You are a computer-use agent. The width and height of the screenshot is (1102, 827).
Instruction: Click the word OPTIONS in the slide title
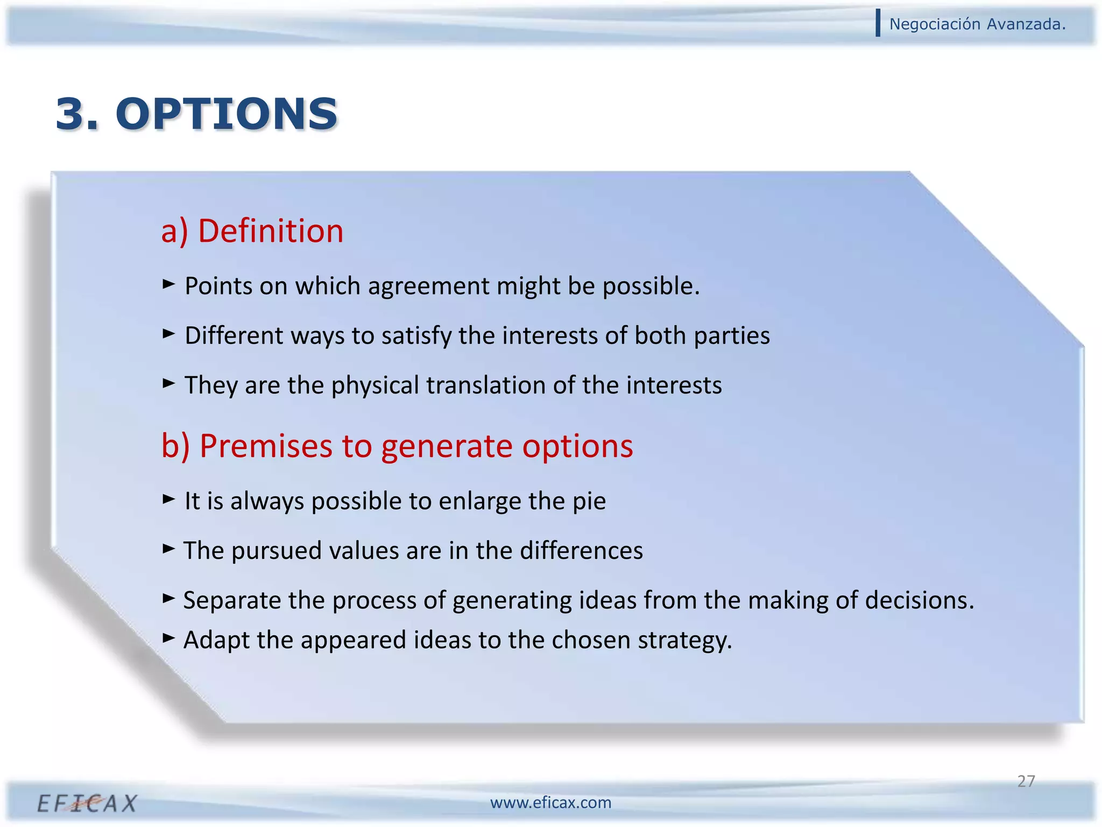pyautogui.click(x=227, y=114)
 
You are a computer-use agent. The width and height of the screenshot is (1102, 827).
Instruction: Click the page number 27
pyautogui.click(x=1026, y=781)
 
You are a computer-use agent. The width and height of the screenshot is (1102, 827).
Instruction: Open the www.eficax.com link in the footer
pyautogui.click(x=550, y=803)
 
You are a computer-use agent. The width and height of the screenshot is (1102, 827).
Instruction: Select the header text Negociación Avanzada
pyautogui.click(x=977, y=24)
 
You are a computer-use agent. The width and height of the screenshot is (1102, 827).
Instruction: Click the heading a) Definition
pyautogui.click(x=252, y=231)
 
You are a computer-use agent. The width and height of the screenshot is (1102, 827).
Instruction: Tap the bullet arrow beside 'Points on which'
pyautogui.click(x=168, y=284)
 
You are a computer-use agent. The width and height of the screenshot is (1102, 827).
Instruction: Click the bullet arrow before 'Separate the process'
pyautogui.click(x=168, y=598)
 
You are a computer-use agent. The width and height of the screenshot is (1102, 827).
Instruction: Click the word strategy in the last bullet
pyautogui.click(x=684, y=641)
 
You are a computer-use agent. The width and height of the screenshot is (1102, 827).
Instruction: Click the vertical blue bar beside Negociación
pyautogui.click(x=878, y=23)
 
